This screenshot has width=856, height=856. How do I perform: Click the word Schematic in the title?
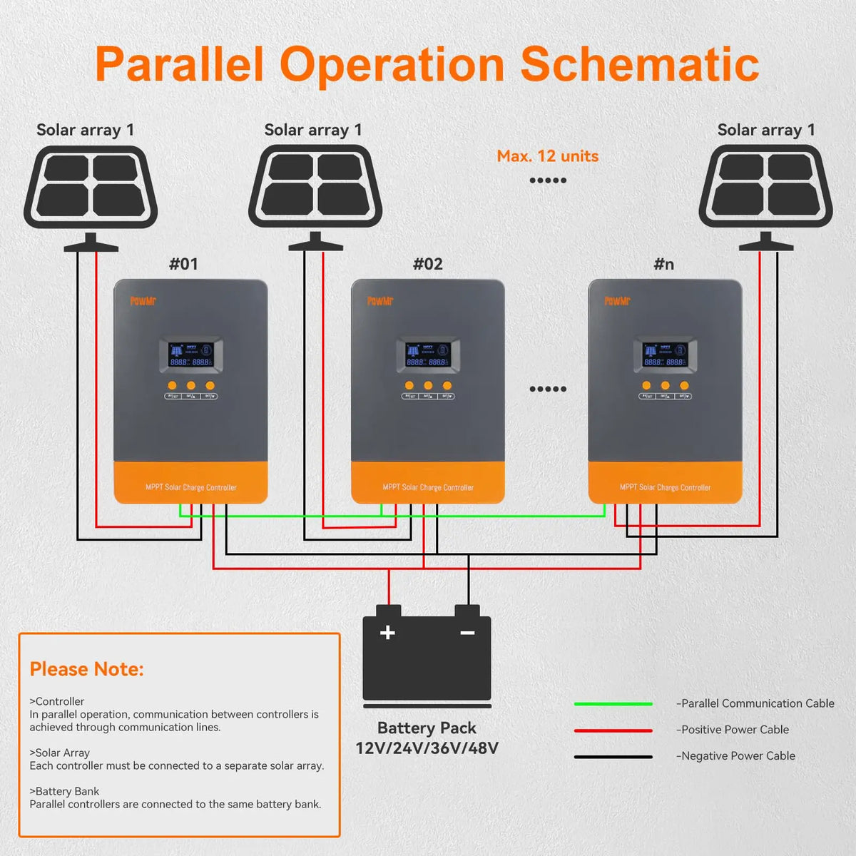pyautogui.click(x=639, y=65)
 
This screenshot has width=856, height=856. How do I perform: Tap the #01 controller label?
pyautogui.click(x=183, y=264)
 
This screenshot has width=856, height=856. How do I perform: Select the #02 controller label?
pyautogui.click(x=428, y=264)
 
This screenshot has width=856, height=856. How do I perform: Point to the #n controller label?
pyautogui.click(x=663, y=264)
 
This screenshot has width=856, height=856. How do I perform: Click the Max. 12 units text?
pyautogui.click(x=547, y=156)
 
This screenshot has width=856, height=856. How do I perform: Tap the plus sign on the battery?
pyautogui.click(x=387, y=633)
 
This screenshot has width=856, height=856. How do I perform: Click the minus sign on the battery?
pyautogui.click(x=467, y=633)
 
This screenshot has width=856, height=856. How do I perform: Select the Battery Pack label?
pyautogui.click(x=427, y=728)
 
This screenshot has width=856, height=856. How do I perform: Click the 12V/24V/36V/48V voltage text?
pyautogui.click(x=427, y=748)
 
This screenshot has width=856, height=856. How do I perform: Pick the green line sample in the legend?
pyautogui.click(x=613, y=704)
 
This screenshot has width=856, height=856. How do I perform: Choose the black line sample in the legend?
pyautogui.click(x=613, y=757)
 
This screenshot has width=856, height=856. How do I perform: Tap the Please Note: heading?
pyautogui.click(x=86, y=669)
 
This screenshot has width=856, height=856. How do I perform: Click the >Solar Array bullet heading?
pyautogui.click(x=59, y=753)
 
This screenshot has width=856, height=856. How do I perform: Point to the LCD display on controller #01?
pyautogui.click(x=190, y=355)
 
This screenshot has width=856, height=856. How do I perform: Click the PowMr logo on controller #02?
pyautogui.click(x=380, y=301)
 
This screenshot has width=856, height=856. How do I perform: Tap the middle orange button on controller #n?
pyautogui.click(x=666, y=385)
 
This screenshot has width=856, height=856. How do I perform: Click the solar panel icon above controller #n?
pyautogui.click(x=765, y=187)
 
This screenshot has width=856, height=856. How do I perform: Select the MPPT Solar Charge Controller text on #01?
pyautogui.click(x=190, y=487)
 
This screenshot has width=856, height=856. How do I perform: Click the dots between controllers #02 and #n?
pyautogui.click(x=547, y=389)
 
